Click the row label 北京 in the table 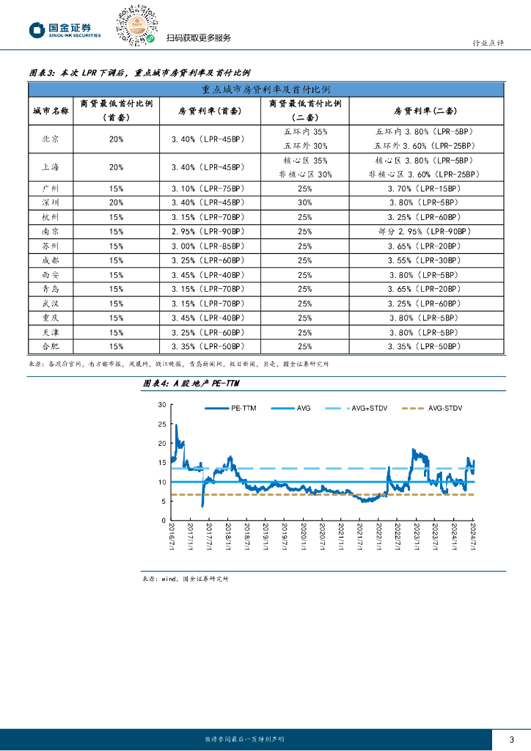[51, 138]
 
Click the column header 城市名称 [51, 111]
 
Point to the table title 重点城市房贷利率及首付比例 [265, 89]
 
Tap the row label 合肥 [51, 346]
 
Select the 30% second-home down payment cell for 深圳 [305, 202]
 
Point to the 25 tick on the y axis [161, 424]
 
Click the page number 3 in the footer [511, 739]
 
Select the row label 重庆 [51, 318]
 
